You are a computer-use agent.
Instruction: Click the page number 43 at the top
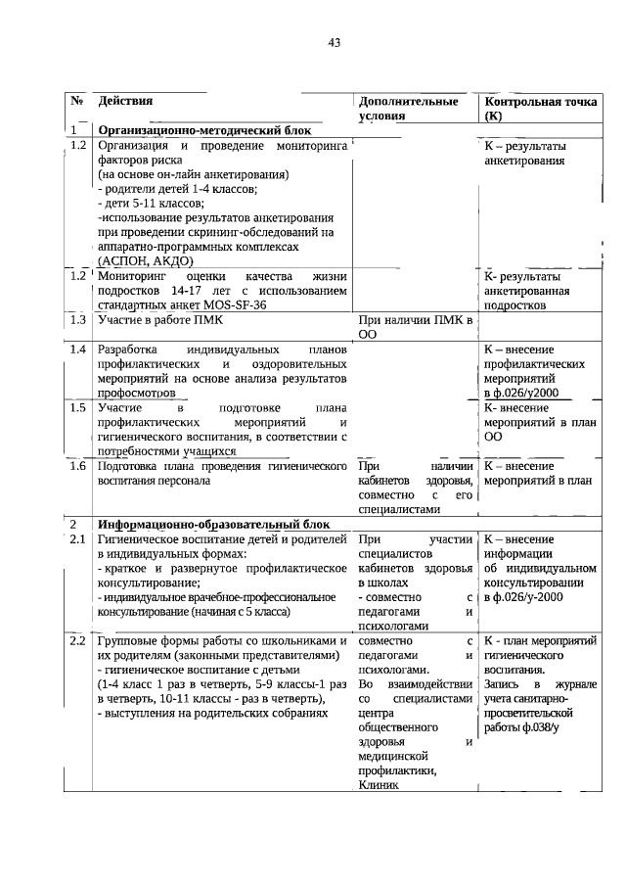pyautogui.click(x=334, y=43)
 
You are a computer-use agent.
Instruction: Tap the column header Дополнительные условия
pyautogui.click(x=408, y=109)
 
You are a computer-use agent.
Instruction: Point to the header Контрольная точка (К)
pyautogui.click(x=541, y=109)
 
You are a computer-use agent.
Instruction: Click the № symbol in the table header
pyautogui.click(x=76, y=101)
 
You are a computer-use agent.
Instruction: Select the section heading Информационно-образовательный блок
pyautogui.click(x=212, y=524)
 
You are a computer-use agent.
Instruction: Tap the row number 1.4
pyautogui.click(x=78, y=350)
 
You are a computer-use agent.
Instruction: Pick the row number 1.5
pyautogui.click(x=78, y=407)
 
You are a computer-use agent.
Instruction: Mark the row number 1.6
pyautogui.click(x=78, y=466)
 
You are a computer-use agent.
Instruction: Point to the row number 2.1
pyautogui.click(x=78, y=539)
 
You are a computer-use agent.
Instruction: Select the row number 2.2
pyautogui.click(x=78, y=640)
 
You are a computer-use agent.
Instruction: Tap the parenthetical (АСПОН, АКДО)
pyautogui.click(x=146, y=261)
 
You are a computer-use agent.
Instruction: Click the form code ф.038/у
pyautogui.click(x=539, y=727)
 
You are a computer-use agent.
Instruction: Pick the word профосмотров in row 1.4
pyautogui.click(x=136, y=393)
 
